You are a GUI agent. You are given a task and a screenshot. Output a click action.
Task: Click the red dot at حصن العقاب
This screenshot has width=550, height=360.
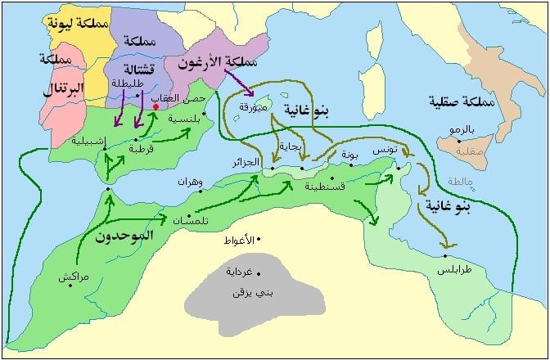156,106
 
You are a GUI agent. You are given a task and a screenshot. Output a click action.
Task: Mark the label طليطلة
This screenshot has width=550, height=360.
131,83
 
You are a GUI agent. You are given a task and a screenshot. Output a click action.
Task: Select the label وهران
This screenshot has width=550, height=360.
183,182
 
